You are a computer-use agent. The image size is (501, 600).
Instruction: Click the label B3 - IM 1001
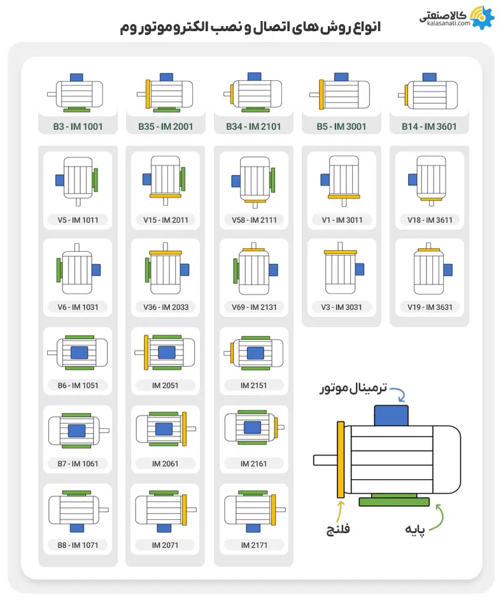pos(78,127)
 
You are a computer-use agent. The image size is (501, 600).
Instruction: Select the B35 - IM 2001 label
pos(166,127)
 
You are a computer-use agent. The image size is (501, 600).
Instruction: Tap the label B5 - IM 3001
pos(341,127)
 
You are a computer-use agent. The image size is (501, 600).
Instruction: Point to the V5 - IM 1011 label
pos(78,220)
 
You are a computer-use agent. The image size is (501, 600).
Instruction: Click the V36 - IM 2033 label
pos(166,307)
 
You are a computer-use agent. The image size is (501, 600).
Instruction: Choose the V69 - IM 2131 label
pos(253,307)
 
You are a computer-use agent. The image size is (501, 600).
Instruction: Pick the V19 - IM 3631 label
pos(430,307)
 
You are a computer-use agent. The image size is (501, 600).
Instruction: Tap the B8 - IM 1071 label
pos(78,545)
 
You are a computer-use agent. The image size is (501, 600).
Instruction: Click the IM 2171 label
pos(253,545)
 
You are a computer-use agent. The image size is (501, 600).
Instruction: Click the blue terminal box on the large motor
pos(391,414)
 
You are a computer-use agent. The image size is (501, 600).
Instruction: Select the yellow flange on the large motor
pos(341,459)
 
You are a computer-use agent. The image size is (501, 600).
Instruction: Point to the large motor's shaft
pos(325,459)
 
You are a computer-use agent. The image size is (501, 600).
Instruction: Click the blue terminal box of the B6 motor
pos(79,352)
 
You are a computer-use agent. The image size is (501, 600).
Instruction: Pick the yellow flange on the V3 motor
pos(342,253)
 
